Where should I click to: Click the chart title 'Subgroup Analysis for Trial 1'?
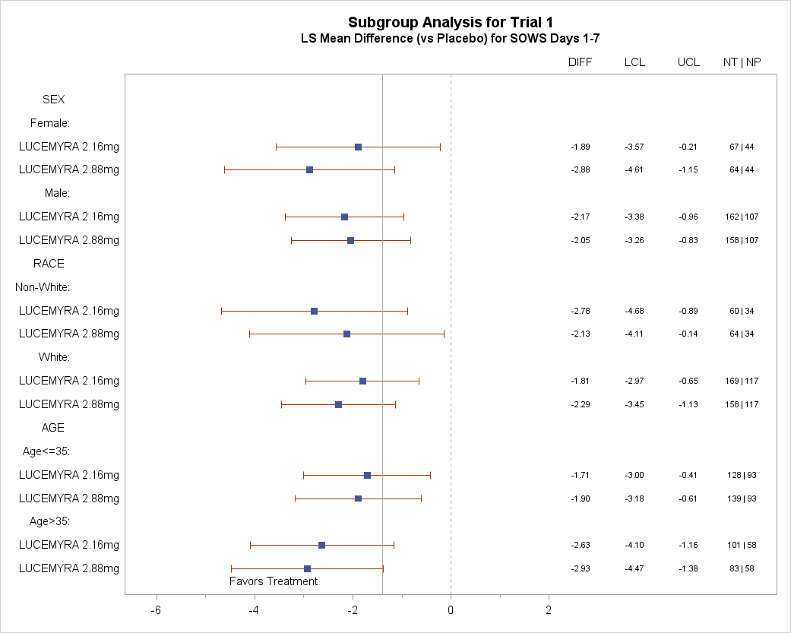[x=451, y=23]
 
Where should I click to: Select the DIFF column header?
[x=580, y=62]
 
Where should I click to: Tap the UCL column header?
[x=688, y=62]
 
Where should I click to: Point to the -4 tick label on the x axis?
[x=254, y=609]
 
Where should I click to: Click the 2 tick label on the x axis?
[x=549, y=609]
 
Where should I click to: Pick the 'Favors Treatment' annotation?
[x=274, y=581]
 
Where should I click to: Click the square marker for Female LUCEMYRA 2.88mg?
[x=310, y=170]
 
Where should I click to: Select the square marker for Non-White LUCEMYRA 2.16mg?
[x=315, y=312]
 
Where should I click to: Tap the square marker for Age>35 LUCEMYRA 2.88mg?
[x=307, y=569]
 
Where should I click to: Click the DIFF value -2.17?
[x=580, y=217]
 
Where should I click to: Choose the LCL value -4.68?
[x=634, y=312]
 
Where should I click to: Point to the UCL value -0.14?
[x=688, y=334]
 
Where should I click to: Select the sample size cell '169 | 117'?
[x=742, y=381]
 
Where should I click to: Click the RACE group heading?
[x=49, y=264]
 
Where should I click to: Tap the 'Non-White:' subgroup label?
[x=43, y=287]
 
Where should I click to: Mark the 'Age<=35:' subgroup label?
[x=46, y=451]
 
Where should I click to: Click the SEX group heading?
[x=53, y=100]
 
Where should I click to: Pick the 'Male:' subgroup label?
[x=57, y=193]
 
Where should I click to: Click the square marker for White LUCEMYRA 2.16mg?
[x=362, y=381]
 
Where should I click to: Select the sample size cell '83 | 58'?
[x=742, y=569]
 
